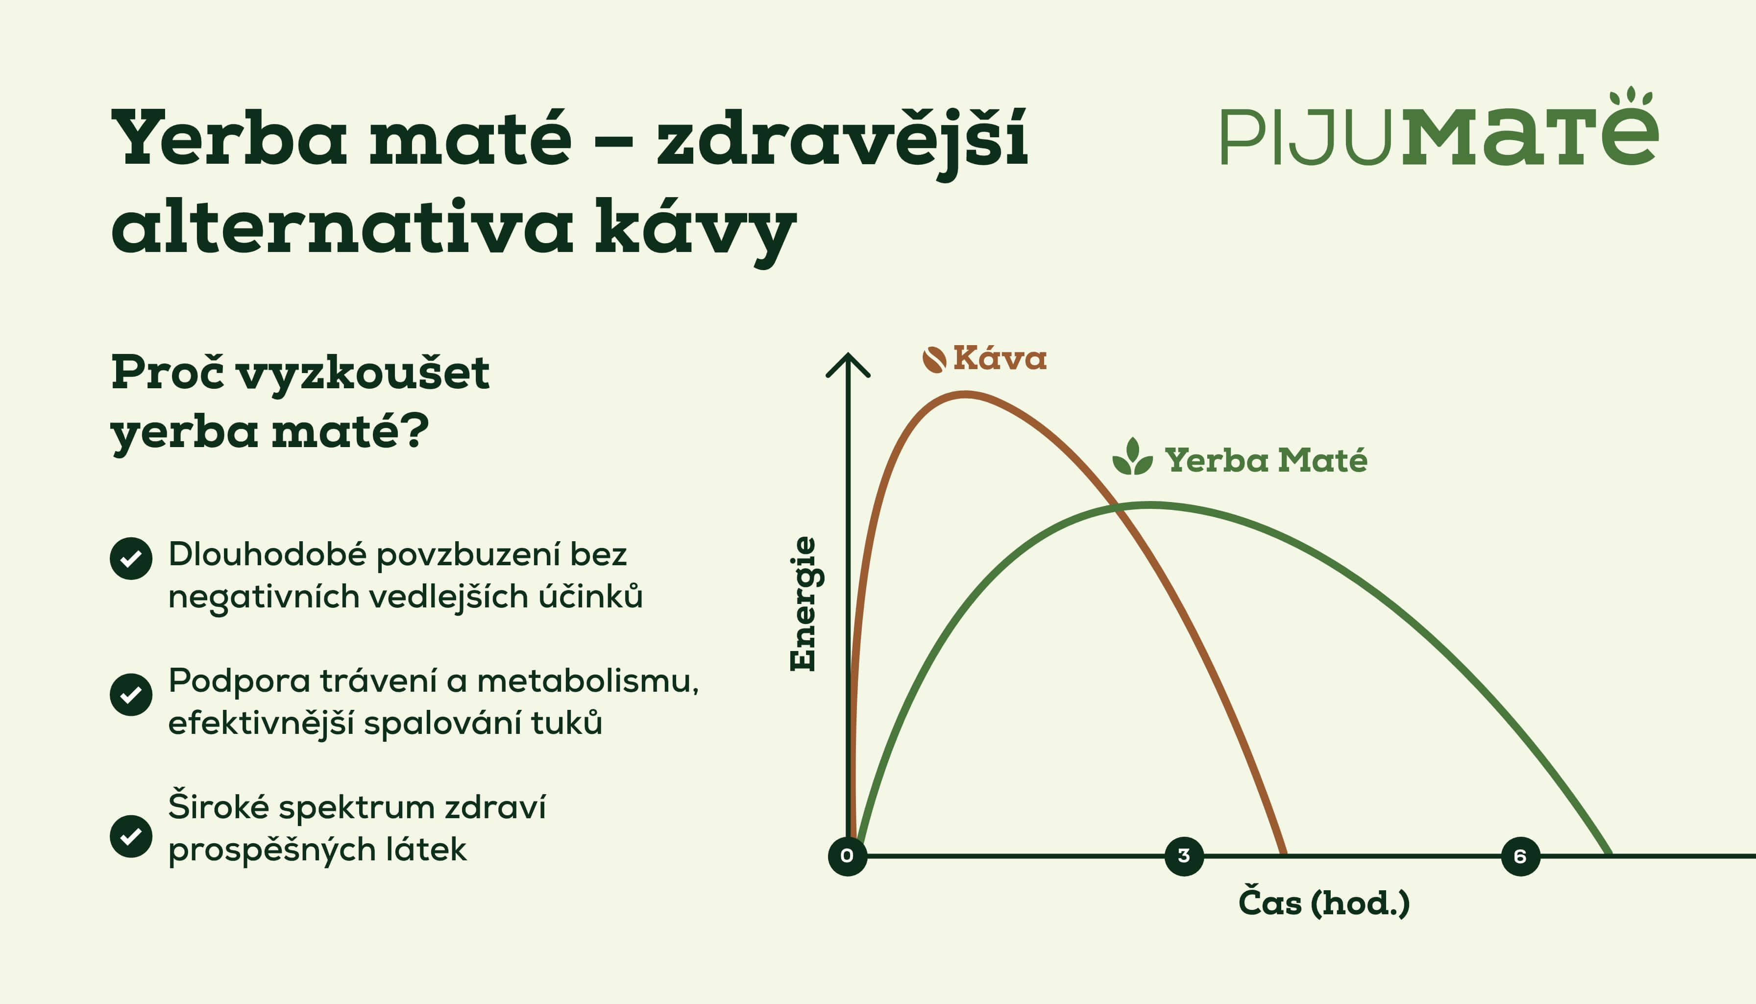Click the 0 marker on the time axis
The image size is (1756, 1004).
[847, 856]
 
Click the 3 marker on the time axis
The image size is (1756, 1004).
[1183, 856]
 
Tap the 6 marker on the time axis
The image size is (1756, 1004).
[1520, 856]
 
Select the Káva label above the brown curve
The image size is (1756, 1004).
[1000, 358]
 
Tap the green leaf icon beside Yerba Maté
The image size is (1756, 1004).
[1132, 457]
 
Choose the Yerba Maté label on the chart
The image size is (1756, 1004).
[1266, 460]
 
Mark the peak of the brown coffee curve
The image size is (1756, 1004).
[965, 395]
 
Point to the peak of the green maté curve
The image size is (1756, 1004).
[1149, 505]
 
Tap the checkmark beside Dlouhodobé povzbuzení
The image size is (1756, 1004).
[131, 558]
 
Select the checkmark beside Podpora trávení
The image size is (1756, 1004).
[131, 694]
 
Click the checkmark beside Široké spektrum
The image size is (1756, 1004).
[131, 836]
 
